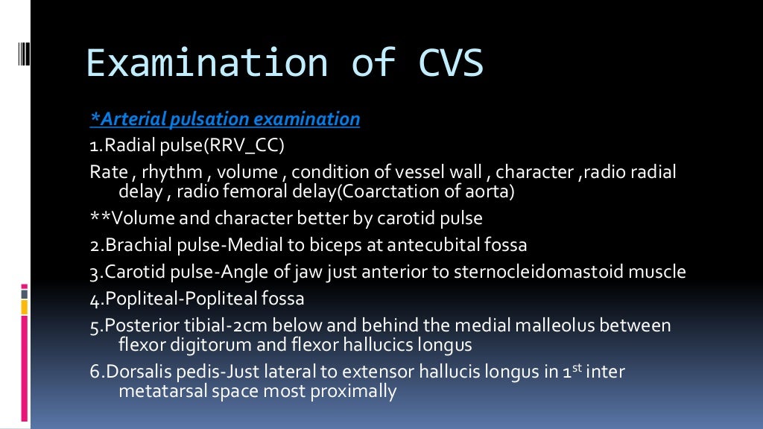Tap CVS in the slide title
coord(444,63)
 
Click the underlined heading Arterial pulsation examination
coord(225,119)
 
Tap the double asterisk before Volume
coord(98,219)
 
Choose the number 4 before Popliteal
coord(94,299)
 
